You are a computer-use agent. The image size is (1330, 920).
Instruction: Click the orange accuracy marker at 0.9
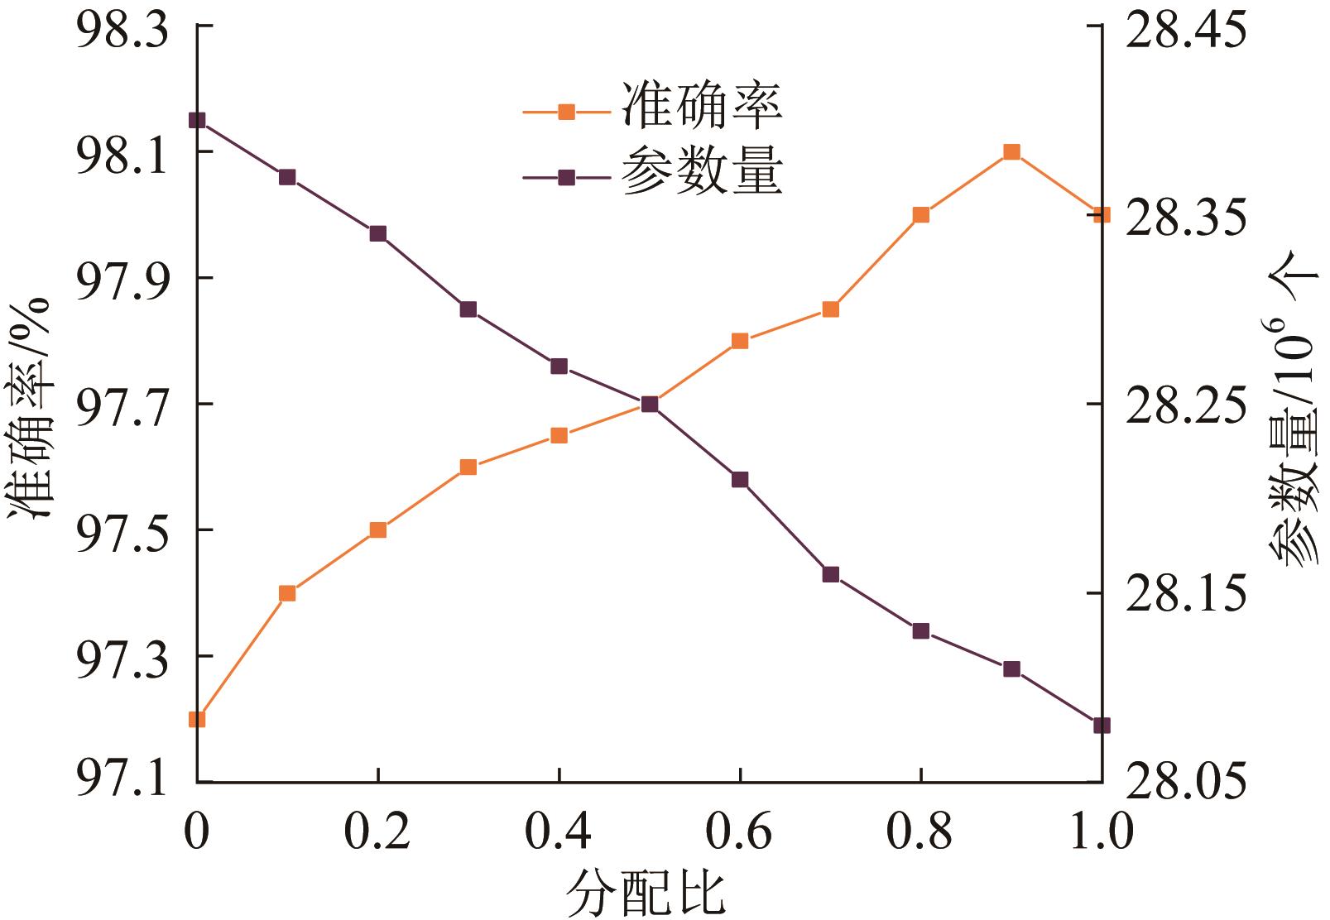1011,152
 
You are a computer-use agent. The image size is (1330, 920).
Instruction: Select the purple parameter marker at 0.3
468,309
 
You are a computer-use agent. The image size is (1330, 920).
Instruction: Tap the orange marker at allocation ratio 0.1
287,593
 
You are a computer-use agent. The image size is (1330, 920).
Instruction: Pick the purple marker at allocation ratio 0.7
831,574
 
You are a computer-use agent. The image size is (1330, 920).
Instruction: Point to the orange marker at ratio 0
197,719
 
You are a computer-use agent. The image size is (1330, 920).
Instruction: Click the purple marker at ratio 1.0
1102,726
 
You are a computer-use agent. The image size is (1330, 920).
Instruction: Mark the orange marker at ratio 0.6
740,341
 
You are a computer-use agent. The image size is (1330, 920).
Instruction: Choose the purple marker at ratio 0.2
378,233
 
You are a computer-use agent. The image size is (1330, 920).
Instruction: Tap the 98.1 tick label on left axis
122,153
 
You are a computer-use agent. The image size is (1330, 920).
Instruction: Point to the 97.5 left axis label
122,530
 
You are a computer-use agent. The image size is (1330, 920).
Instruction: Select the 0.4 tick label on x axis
559,831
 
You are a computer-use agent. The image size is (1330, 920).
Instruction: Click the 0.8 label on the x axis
920,831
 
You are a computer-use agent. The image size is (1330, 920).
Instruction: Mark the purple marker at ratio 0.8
921,631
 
